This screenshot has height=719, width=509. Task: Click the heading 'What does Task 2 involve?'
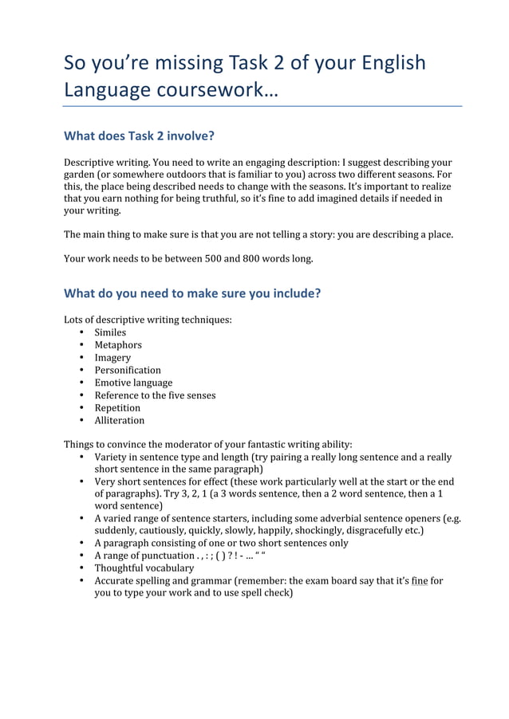point(140,136)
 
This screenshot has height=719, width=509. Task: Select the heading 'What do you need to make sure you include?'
point(192,293)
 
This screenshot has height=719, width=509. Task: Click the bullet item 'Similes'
point(110,332)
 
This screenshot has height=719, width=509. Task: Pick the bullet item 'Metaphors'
point(118,345)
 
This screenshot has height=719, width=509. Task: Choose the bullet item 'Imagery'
point(112,358)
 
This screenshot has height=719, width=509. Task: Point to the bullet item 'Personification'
point(128,370)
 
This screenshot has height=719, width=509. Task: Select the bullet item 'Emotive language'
point(133,383)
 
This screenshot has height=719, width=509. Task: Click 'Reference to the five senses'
point(155,395)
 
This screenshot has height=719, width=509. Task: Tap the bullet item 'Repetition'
point(117,408)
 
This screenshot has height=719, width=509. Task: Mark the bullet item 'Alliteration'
point(120,420)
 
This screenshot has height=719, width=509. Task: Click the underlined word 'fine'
point(420,581)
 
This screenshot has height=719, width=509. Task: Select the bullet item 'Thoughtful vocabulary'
point(144,568)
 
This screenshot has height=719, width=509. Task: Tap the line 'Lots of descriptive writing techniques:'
point(148,320)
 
